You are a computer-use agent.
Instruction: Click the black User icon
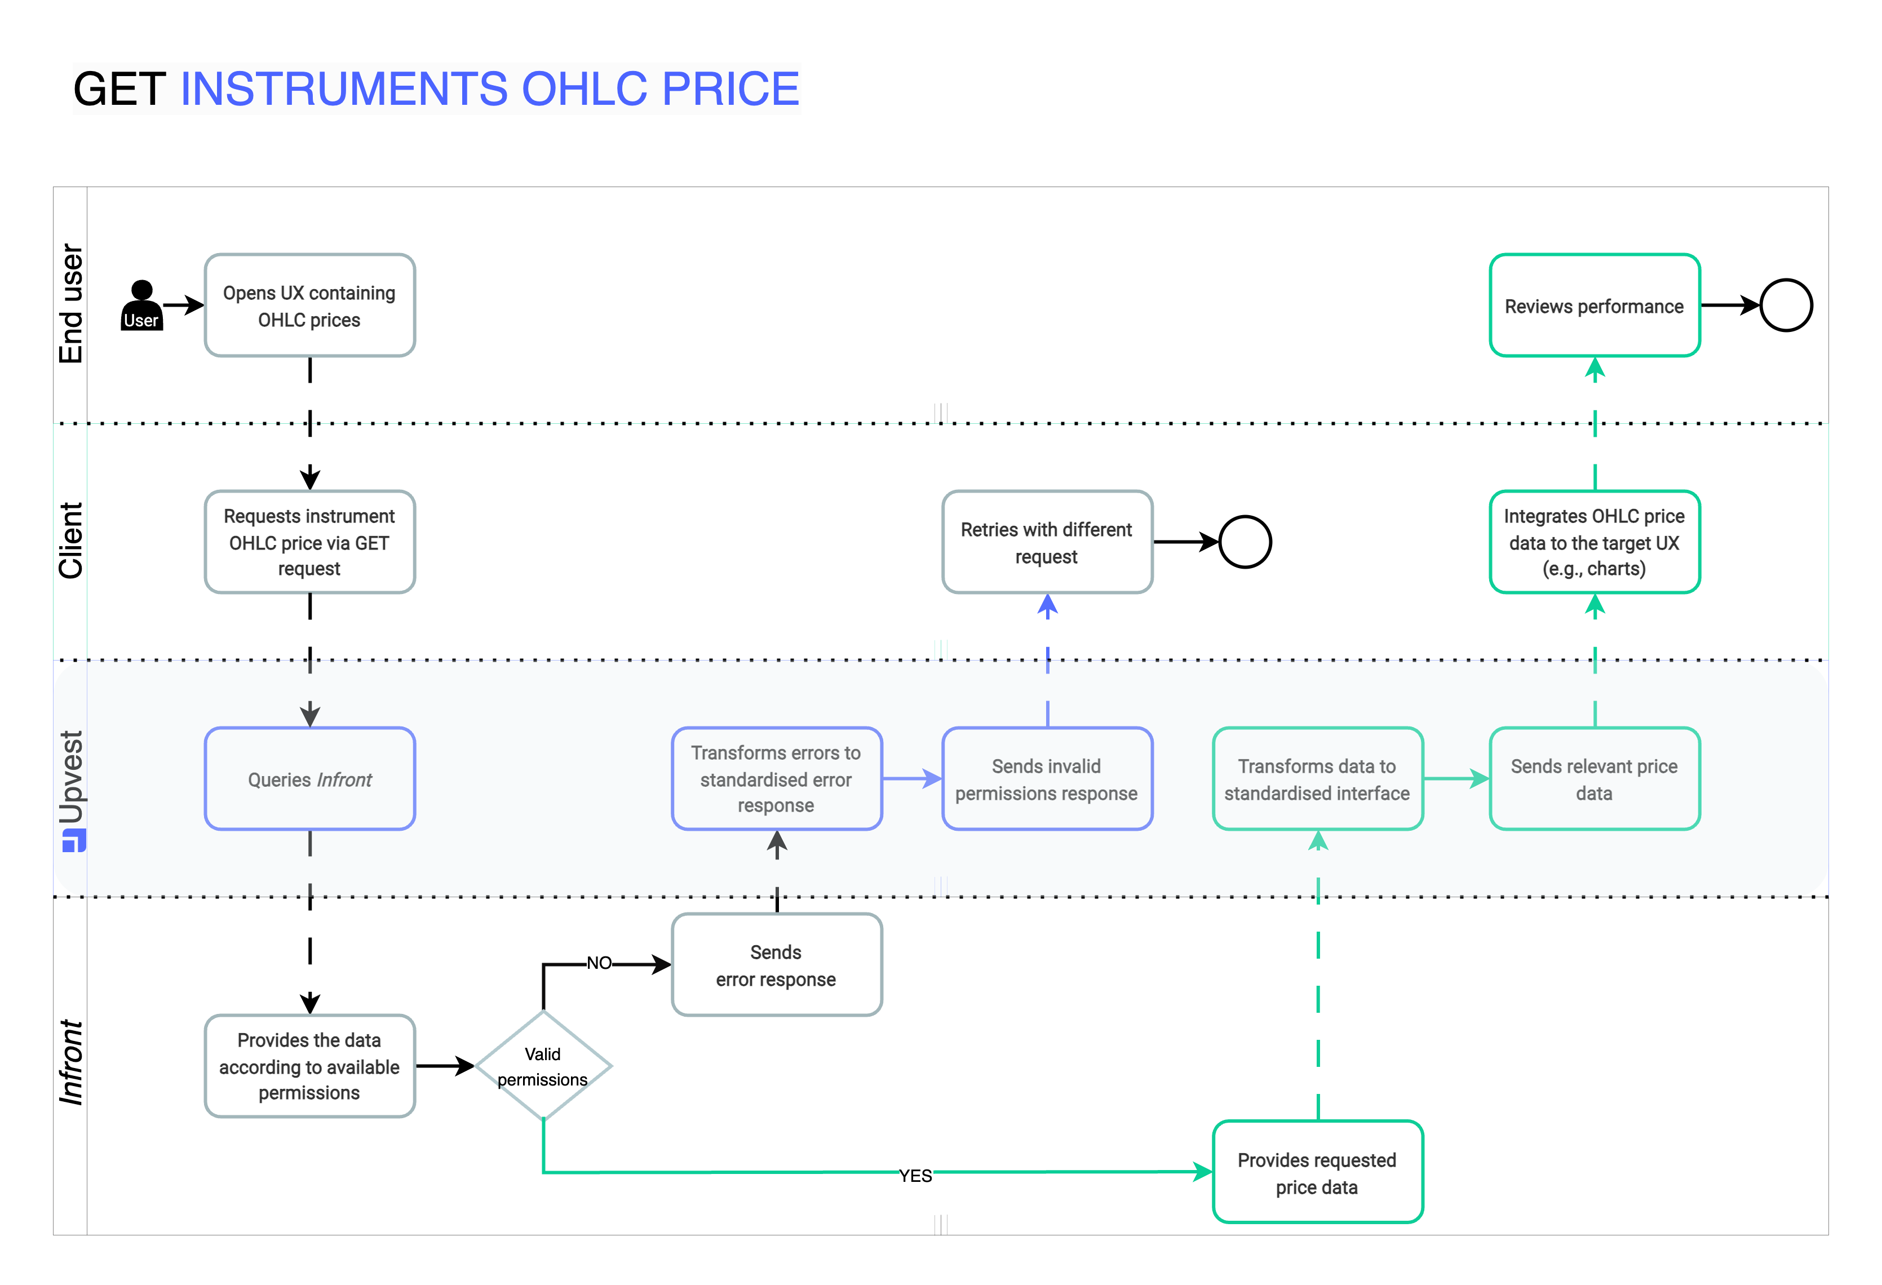click(x=141, y=305)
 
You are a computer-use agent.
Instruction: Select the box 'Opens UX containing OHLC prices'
click(x=309, y=305)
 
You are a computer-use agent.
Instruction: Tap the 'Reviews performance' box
click(x=1594, y=305)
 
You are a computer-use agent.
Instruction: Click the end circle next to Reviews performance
click(x=1785, y=305)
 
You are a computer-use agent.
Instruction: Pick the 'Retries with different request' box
click(x=1046, y=542)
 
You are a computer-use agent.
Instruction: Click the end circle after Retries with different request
click(x=1244, y=542)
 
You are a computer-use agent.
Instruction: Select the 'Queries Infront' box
click(x=309, y=778)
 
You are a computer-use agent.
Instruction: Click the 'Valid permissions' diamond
click(x=543, y=1066)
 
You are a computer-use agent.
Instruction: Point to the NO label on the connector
click(x=599, y=963)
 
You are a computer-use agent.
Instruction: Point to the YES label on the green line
click(x=915, y=1175)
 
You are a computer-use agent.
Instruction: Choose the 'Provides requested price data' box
click(x=1317, y=1172)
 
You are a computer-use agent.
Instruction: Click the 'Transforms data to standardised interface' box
click(x=1317, y=778)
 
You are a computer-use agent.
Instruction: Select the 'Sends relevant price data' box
click(x=1594, y=778)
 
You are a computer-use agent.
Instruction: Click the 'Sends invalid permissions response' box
click(x=1046, y=778)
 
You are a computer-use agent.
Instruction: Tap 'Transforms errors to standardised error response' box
click(x=776, y=778)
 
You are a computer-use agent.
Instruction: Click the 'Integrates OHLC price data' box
click(x=1594, y=542)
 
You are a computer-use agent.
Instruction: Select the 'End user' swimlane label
click(x=71, y=304)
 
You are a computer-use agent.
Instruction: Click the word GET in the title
click(x=120, y=88)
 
